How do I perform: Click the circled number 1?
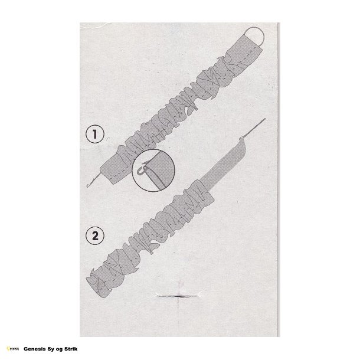click(95, 134)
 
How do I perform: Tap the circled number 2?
click(95, 235)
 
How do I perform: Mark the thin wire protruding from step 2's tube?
click(253, 128)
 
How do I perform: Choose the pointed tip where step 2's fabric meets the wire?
click(241, 138)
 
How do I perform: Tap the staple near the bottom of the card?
click(178, 296)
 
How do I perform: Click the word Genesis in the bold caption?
click(35, 349)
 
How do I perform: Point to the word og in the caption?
click(60, 349)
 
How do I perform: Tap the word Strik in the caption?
click(71, 349)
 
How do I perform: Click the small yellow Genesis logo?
click(13, 349)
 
